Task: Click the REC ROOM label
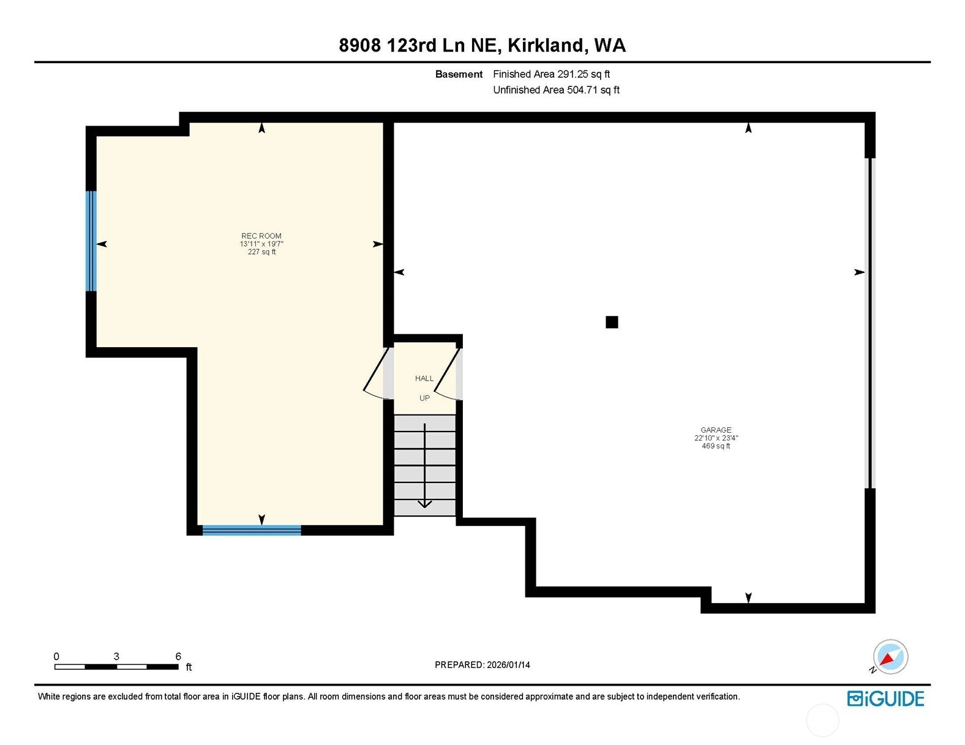(261, 236)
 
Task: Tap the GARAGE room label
(716, 430)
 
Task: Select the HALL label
(424, 378)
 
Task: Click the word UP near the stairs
(424, 399)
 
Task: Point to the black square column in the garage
(612, 322)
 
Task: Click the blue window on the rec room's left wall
(91, 241)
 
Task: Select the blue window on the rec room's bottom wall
(252, 530)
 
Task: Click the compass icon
(890, 657)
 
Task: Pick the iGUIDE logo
(885, 698)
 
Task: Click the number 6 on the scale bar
(178, 656)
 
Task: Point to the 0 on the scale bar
(56, 656)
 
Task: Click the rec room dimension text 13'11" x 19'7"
(261, 244)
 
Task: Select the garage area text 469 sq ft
(716, 446)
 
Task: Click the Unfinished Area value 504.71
(582, 90)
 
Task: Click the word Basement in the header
(459, 74)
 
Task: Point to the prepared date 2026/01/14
(508, 665)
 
